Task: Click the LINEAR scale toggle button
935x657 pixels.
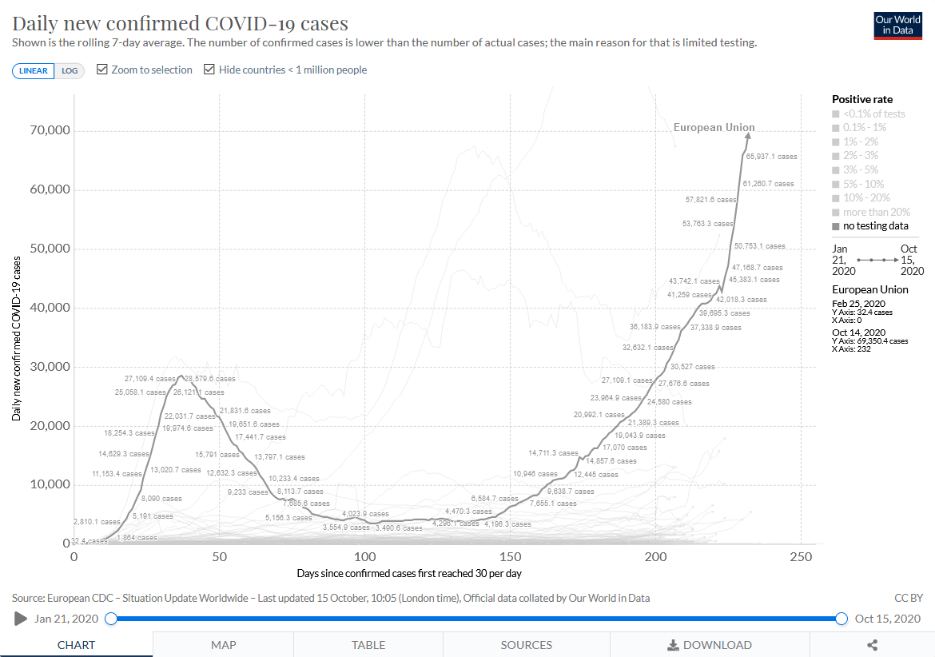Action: point(33,70)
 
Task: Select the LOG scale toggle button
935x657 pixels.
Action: point(70,70)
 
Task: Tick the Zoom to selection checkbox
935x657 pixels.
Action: point(102,70)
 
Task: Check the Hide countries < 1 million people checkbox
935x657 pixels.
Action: point(209,70)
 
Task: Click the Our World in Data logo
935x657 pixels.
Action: point(898,25)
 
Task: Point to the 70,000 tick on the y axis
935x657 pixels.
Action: point(50,130)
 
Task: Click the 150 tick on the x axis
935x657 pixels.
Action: point(510,556)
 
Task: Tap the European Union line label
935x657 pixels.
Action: point(714,127)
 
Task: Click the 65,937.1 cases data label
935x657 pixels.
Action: point(771,157)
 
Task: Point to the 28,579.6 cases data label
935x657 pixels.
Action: point(209,378)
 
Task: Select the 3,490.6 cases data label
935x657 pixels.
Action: point(399,528)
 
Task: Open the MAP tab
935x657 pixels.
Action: point(223,645)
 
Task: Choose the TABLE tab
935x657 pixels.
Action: point(368,645)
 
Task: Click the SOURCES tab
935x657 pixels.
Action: point(527,645)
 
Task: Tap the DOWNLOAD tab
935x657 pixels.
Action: point(710,645)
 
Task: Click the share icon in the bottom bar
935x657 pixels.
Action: point(872,645)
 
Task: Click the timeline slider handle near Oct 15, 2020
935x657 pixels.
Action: point(841,618)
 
